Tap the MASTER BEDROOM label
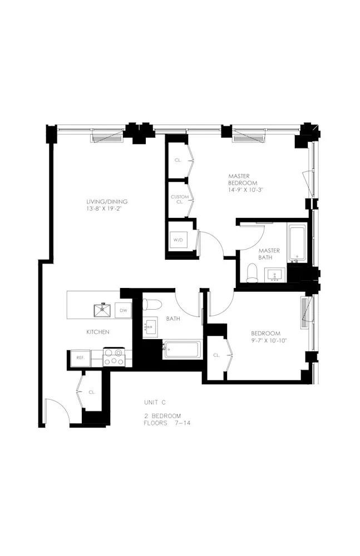pyautogui.click(x=243, y=180)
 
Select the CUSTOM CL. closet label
pyautogui.click(x=179, y=199)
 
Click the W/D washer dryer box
pyautogui.click(x=179, y=240)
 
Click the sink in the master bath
pyautogui.click(x=274, y=275)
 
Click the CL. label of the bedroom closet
pyautogui.click(x=216, y=354)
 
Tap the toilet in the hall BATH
pyautogui.click(x=150, y=304)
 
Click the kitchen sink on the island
pyautogui.click(x=103, y=309)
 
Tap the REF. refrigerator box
pyautogui.click(x=80, y=358)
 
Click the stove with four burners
pyautogui.click(x=114, y=356)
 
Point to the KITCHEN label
pyautogui.click(x=97, y=332)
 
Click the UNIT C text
pyautogui.click(x=155, y=402)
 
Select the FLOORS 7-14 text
pyautogui.click(x=167, y=423)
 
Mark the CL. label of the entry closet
pyautogui.click(x=92, y=392)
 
